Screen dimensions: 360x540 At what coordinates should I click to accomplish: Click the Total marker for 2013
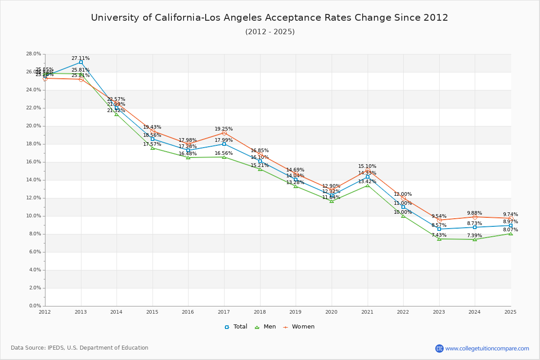[x=81, y=62]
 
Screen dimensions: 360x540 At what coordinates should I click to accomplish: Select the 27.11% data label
[x=81, y=58]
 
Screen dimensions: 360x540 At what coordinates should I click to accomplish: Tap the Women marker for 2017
[x=224, y=133]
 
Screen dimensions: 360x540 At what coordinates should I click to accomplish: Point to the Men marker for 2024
[x=475, y=239]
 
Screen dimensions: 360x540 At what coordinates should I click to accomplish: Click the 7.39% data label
[x=474, y=235]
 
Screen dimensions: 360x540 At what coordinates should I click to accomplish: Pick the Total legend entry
[x=236, y=327]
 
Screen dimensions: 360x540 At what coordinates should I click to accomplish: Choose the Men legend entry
[x=266, y=327]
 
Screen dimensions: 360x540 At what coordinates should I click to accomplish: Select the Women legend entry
[x=299, y=327]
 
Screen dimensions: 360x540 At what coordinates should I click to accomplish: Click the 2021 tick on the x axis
[x=367, y=311]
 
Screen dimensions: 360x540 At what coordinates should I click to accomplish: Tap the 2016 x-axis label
[x=188, y=311]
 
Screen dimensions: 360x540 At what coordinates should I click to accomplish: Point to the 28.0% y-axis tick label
[x=34, y=54]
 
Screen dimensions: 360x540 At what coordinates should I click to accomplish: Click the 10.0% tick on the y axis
[x=34, y=216]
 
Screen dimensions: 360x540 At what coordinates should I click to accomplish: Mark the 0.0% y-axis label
[x=35, y=306]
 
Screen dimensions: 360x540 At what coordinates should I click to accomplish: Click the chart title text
[x=270, y=18]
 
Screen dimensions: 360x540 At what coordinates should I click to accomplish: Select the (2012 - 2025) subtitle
[x=270, y=31]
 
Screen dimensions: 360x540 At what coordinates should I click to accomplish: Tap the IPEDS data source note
[x=80, y=348]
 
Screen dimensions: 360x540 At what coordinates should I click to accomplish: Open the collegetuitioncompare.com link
[x=487, y=348]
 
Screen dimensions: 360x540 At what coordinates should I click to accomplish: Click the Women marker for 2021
[x=368, y=170]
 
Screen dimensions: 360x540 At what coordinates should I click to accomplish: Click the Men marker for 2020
[x=332, y=201]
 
